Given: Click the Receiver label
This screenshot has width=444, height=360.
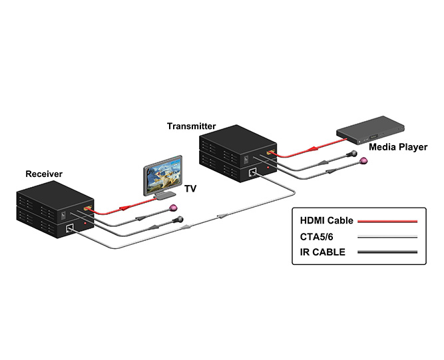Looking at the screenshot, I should pos(44,174).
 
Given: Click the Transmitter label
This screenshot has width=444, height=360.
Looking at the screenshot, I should pos(192,125).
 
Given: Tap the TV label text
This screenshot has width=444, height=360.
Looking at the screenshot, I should pos(190,189).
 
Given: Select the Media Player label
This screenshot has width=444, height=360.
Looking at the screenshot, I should pos(398,146).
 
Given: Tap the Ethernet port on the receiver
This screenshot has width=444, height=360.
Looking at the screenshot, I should pos(72,229).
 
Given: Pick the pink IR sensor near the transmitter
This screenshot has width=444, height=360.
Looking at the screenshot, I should pos(363,161).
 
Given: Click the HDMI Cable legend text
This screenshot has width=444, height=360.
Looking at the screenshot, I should pos(326,220).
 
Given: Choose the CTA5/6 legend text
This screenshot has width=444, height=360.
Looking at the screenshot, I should pos(316,236).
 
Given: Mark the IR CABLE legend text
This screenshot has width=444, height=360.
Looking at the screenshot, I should pos(321,252).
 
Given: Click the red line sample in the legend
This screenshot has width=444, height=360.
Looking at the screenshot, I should pos(387,220).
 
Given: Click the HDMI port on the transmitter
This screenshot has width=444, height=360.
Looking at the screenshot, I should pos(269,154).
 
